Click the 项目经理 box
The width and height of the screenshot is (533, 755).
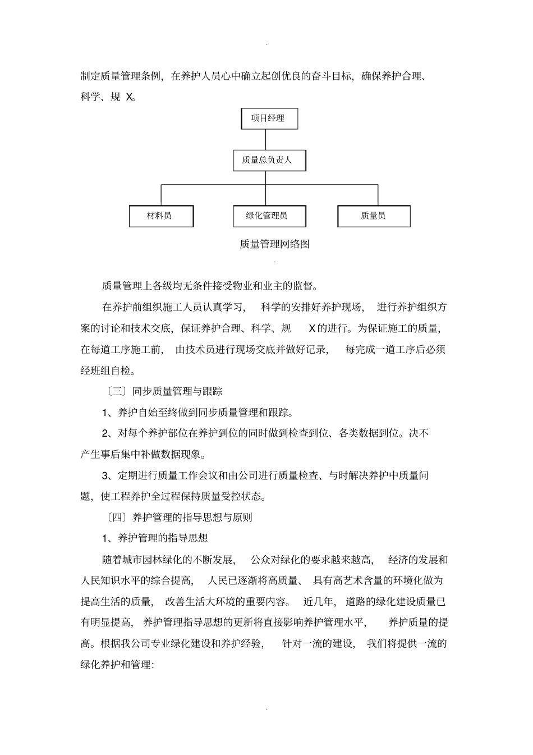pyautogui.click(x=269, y=118)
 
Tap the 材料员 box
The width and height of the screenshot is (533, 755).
pyautogui.click(x=161, y=216)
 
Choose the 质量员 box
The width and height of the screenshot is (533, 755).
pyautogui.click(x=374, y=216)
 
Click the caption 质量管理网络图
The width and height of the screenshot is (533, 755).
pyautogui.click(x=275, y=244)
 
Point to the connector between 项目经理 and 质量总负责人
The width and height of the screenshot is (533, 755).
pyautogui.click(x=269, y=139)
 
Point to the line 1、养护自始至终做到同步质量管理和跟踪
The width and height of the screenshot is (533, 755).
pyautogui.click(x=197, y=413)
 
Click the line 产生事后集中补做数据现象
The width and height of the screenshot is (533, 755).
pyautogui.click(x=143, y=454)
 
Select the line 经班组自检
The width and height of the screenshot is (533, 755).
pyautogui.click(x=108, y=370)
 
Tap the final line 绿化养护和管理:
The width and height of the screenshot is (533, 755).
pyautogui.click(x=117, y=665)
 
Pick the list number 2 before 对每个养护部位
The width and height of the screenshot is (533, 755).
pyautogui.click(x=105, y=434)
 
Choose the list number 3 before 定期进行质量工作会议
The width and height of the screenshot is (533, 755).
pyautogui.click(x=105, y=476)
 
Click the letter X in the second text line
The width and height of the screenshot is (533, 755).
pyautogui.click(x=130, y=97)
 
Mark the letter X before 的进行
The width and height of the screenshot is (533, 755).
pyautogui.click(x=312, y=328)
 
